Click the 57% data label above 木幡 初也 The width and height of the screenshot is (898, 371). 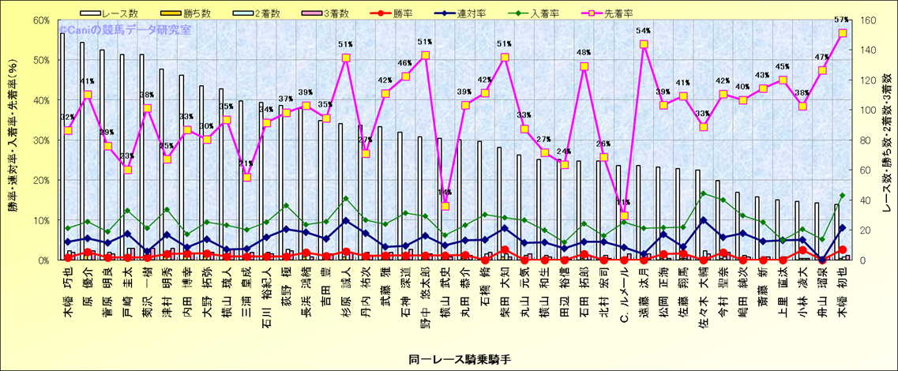pos(841,20)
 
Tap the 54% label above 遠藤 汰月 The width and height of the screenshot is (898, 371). pos(643,31)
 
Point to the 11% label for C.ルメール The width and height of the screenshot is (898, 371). pos(623,203)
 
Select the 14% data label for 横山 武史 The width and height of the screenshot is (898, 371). pos(445,193)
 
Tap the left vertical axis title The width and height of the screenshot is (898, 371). pos(13,141)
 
